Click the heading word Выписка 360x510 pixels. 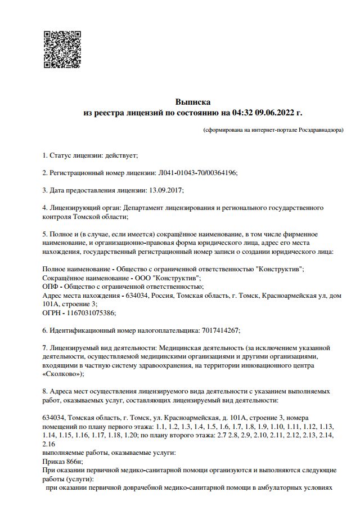(193, 102)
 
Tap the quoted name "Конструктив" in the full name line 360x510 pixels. (280, 269)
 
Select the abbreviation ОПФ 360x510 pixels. (50, 287)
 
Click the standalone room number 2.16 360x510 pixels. (49, 444)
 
